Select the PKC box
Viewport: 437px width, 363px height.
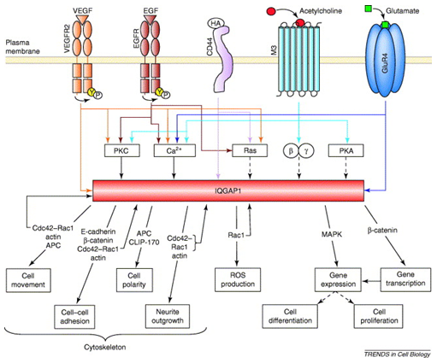119,151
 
